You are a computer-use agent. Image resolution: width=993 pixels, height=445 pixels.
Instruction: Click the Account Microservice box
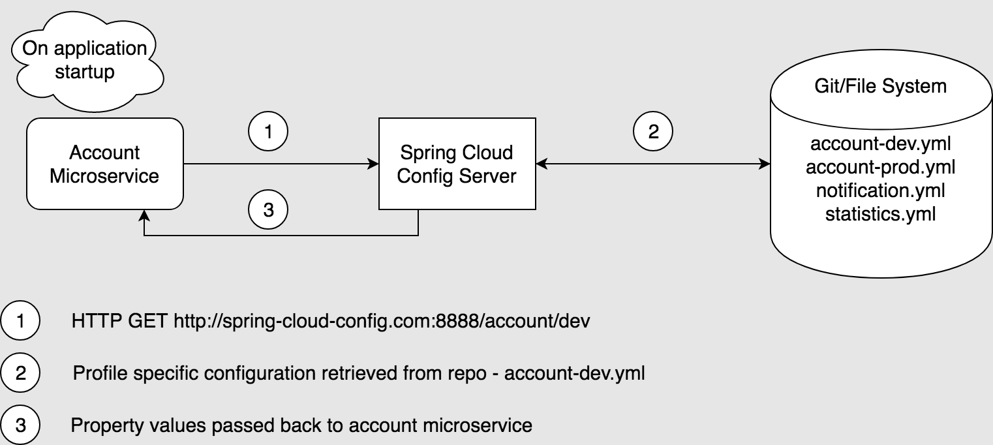tap(104, 164)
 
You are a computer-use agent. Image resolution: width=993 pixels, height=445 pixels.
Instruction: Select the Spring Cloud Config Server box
tap(457, 164)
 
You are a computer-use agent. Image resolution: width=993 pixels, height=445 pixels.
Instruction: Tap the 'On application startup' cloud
tap(85, 59)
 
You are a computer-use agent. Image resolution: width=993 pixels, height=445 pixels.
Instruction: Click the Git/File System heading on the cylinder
tap(881, 85)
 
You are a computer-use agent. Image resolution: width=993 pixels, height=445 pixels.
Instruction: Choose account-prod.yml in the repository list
tap(881, 168)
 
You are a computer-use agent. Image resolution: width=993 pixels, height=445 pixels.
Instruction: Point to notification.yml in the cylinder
tap(881, 191)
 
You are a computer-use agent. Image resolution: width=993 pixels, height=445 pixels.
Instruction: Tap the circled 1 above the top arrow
tap(268, 132)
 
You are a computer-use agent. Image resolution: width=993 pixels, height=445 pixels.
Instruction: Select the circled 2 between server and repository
tap(653, 132)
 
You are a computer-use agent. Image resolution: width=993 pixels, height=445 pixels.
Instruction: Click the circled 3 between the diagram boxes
tap(268, 210)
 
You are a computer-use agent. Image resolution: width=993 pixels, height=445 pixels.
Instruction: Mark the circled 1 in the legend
tap(21, 322)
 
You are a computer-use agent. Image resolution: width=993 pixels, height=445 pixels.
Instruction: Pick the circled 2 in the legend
tap(21, 373)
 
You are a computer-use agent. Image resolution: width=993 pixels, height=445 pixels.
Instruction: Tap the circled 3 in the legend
tap(21, 425)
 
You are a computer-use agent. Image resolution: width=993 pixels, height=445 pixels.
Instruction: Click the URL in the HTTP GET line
tap(382, 322)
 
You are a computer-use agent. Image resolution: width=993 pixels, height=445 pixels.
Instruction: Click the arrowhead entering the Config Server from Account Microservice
tap(374, 163)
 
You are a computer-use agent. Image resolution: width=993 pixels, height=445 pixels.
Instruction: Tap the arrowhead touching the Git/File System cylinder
tap(765, 163)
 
